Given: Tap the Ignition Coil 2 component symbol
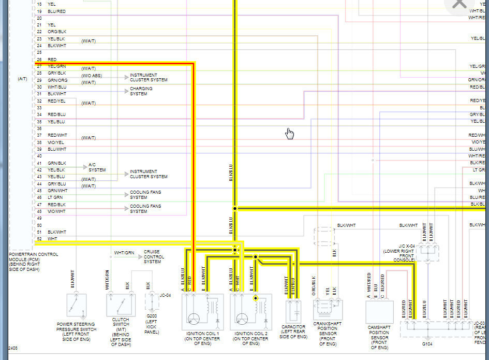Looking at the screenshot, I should tap(251, 311).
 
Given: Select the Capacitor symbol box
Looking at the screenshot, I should tap(296, 311).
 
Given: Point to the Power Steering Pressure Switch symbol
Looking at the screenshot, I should tap(77, 306).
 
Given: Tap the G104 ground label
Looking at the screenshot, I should tap(427, 343).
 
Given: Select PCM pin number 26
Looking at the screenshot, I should tap(39, 60).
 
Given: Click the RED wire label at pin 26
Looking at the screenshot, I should tap(52, 60).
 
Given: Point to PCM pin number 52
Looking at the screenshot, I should tap(39, 239).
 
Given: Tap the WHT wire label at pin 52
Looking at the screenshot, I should tap(52, 239).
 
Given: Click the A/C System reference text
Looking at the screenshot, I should tap(97, 167).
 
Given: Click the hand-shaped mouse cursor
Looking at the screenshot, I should tap(290, 134).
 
